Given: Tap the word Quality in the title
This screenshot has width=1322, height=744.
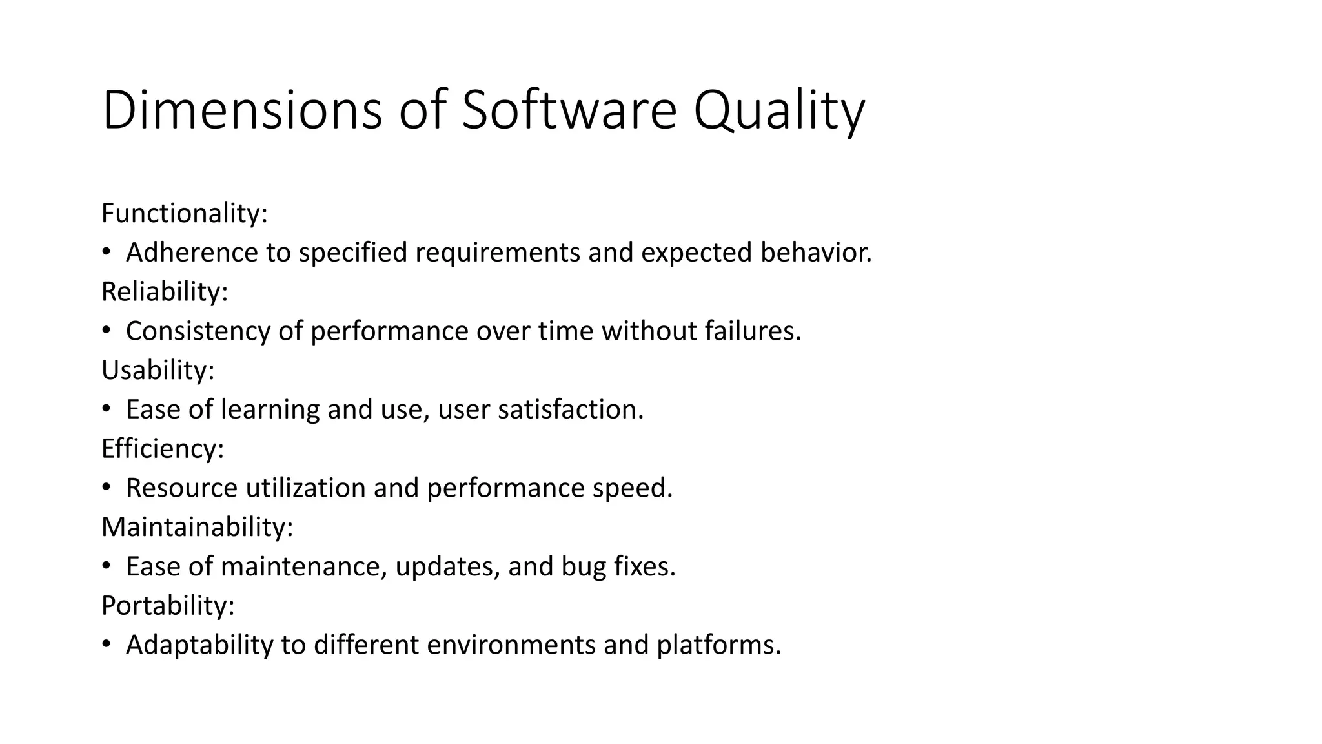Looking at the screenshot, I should (778, 111).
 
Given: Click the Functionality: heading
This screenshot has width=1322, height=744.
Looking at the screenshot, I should (185, 214).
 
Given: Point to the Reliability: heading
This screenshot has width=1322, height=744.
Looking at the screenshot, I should (165, 292).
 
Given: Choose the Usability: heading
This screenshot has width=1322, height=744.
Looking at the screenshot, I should (158, 371).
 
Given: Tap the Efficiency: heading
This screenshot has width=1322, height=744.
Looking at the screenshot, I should (163, 449).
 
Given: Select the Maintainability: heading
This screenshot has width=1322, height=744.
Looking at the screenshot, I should (197, 527).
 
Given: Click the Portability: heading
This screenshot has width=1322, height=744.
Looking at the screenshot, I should (168, 606).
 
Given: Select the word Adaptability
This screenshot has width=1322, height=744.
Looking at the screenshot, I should (199, 645).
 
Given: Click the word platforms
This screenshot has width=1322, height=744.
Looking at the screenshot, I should (718, 645).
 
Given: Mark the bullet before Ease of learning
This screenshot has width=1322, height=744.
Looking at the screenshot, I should (106, 409).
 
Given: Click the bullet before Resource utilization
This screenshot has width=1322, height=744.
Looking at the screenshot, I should (106, 487).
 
